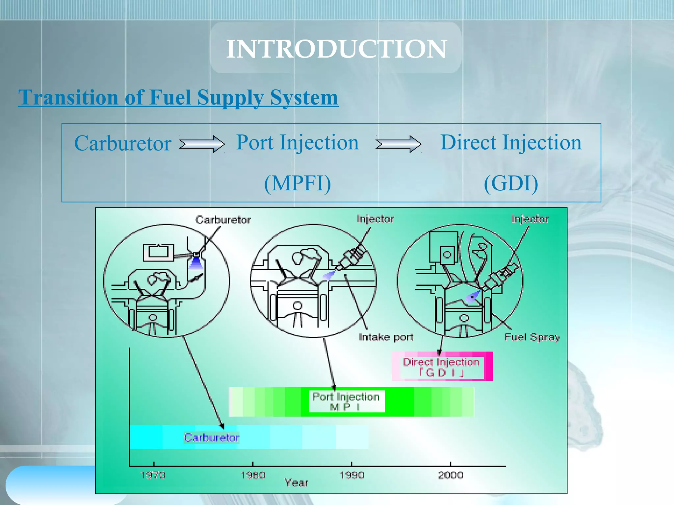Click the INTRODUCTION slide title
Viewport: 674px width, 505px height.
pyautogui.click(x=336, y=49)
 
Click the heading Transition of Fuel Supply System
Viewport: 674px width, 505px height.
pyautogui.click(x=178, y=97)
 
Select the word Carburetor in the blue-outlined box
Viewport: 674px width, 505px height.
pyautogui.click(x=123, y=143)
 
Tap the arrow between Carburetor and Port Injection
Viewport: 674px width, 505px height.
pyautogui.click(x=202, y=144)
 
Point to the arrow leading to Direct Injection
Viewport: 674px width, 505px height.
pyautogui.click(x=398, y=144)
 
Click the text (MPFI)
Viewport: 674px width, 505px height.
pyautogui.click(x=298, y=183)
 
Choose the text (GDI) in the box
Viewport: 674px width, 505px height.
pyautogui.click(x=511, y=183)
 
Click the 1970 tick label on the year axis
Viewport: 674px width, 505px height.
pyautogui.click(x=153, y=475)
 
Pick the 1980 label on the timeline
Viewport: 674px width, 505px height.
pyautogui.click(x=253, y=475)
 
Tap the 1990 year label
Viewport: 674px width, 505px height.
pyautogui.click(x=352, y=475)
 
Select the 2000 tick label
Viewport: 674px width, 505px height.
pyautogui.click(x=451, y=475)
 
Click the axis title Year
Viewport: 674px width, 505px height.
pyautogui.click(x=296, y=483)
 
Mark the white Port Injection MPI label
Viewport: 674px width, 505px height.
pyautogui.click(x=346, y=401)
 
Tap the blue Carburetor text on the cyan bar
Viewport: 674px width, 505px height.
pyautogui.click(x=212, y=438)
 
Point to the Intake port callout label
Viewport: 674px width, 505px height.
pyautogui.click(x=386, y=337)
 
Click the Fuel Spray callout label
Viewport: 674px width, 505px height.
pyautogui.click(x=532, y=337)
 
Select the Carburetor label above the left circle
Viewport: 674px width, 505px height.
pyautogui.click(x=223, y=220)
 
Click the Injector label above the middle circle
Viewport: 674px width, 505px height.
pyautogui.click(x=375, y=219)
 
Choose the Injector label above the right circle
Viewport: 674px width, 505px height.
pyautogui.click(x=530, y=219)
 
